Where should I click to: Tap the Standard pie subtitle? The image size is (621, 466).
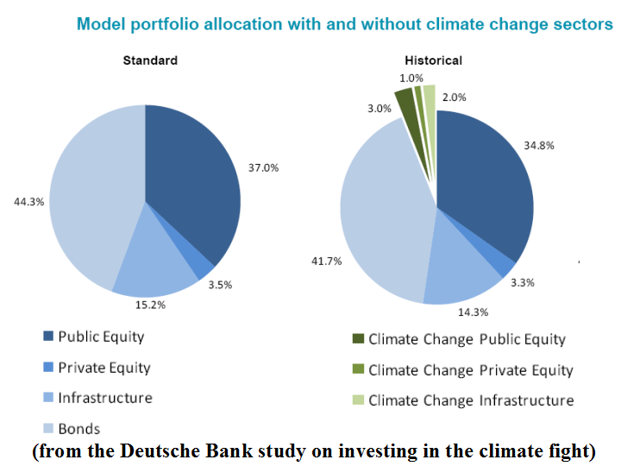[150, 60]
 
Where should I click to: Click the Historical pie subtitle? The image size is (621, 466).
[433, 60]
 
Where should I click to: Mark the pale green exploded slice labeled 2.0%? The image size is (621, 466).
[430, 99]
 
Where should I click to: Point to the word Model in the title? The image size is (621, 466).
[99, 23]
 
